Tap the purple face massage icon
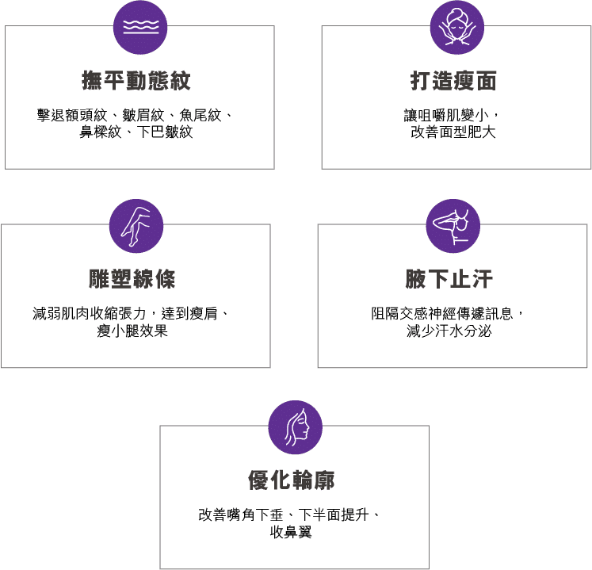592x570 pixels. [x=456, y=27]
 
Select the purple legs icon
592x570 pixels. [x=136, y=225]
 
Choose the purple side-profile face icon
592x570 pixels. [x=295, y=427]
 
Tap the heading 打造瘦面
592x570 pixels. [x=453, y=81]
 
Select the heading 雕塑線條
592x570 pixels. [x=132, y=279]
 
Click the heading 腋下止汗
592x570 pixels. [x=449, y=279]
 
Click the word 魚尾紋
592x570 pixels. [x=200, y=116]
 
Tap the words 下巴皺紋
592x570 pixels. [x=167, y=132]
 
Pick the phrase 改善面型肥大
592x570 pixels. [x=453, y=132]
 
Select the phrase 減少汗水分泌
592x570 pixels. [x=449, y=331]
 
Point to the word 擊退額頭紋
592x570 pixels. [x=65, y=116]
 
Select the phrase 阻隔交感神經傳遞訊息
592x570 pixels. [x=445, y=314]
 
